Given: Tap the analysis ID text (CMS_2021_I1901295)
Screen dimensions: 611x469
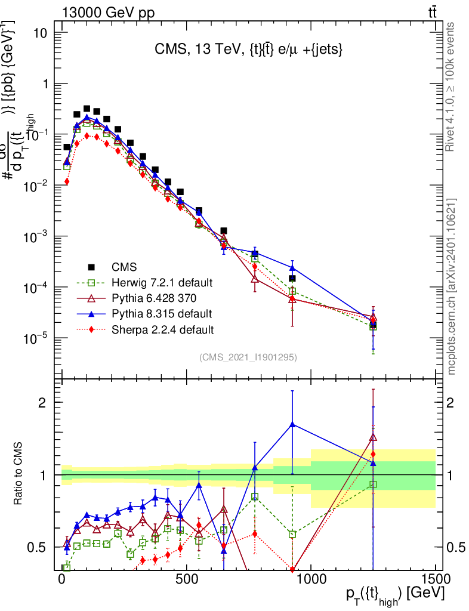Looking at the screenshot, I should [x=248, y=357].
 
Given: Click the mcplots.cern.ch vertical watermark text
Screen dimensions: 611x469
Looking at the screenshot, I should [x=452, y=286].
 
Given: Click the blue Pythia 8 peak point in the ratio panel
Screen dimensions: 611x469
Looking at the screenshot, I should [x=292, y=424].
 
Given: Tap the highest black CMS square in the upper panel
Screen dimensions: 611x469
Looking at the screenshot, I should [x=87, y=109].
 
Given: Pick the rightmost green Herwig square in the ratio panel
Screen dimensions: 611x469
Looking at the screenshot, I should [x=373, y=485].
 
